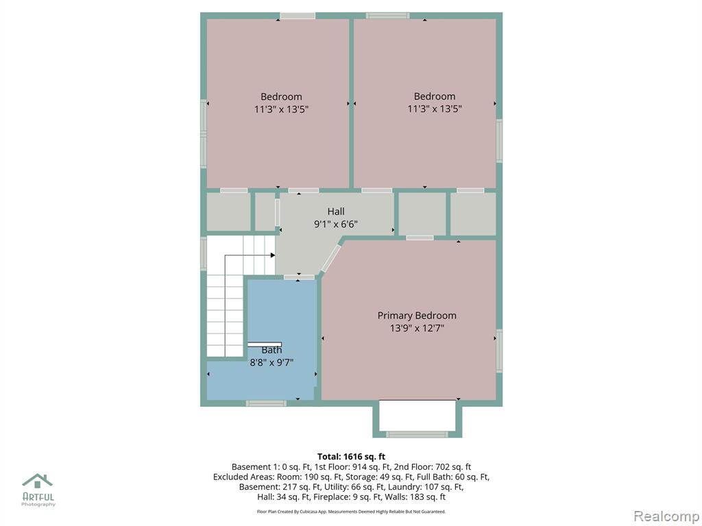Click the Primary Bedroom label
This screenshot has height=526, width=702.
(417, 316)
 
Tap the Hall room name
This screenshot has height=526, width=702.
(336, 212)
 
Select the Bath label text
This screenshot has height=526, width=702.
(271, 350)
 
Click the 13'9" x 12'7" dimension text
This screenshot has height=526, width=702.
(417, 328)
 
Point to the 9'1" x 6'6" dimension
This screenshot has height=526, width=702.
(336, 224)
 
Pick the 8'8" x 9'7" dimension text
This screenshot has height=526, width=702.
(271, 362)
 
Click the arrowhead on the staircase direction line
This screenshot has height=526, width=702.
(273, 255)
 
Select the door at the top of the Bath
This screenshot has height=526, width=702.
(299, 277)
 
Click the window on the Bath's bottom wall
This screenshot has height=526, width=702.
(266, 403)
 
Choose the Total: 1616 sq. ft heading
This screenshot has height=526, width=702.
(351, 457)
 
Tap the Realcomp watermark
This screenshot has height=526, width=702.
(666, 516)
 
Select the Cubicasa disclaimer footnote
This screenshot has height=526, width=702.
(351, 511)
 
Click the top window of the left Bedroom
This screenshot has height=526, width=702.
(298, 16)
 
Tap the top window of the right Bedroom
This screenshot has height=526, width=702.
(388, 16)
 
